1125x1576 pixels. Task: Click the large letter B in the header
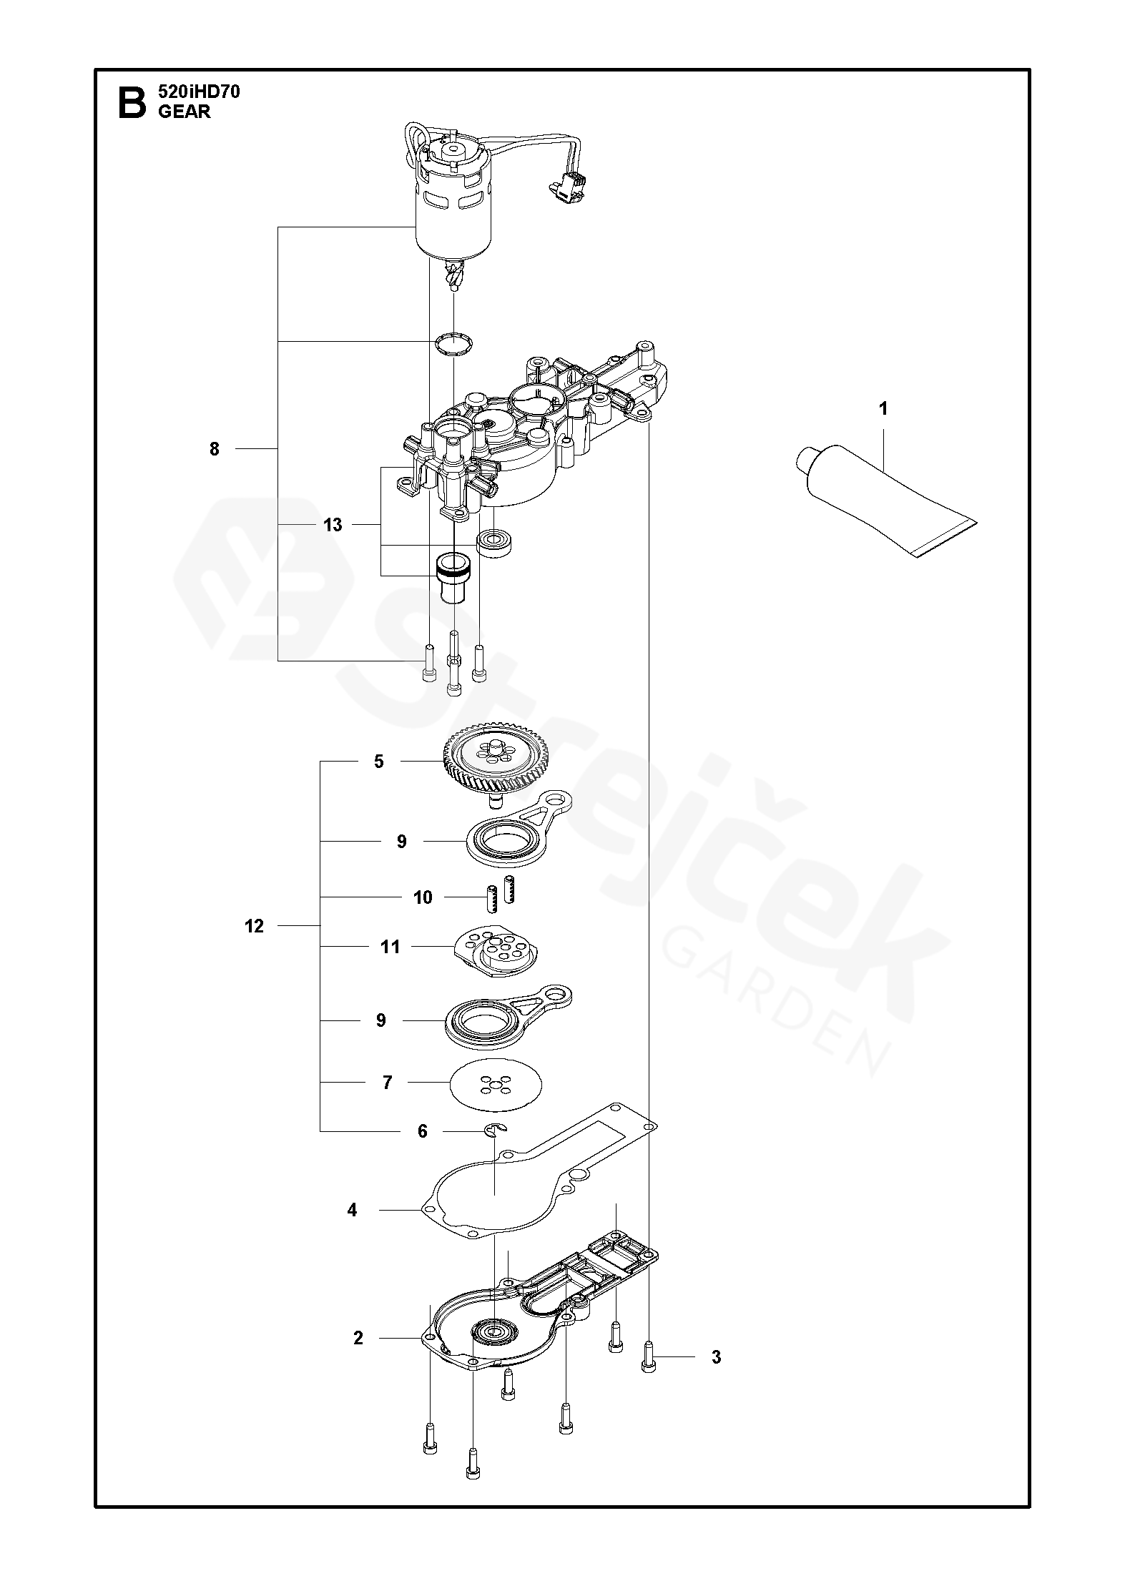coord(131,102)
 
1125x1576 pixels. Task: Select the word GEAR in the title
coord(185,112)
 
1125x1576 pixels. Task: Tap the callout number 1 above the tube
coord(883,408)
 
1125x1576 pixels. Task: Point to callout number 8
coord(215,449)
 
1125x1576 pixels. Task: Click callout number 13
coord(333,525)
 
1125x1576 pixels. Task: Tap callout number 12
coord(254,926)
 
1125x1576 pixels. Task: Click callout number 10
coord(423,897)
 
